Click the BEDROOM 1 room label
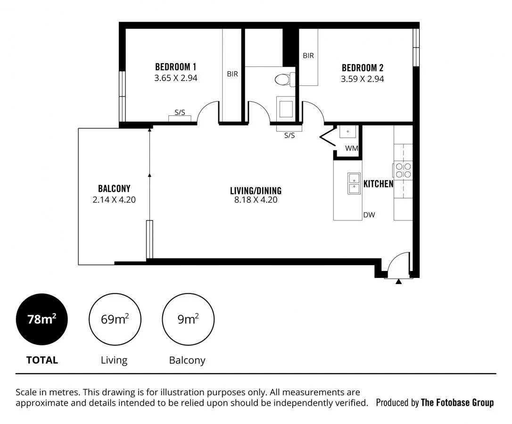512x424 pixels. [x=175, y=67]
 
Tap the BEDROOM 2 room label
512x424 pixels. [x=362, y=67]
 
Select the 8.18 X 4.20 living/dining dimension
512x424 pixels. [x=256, y=200]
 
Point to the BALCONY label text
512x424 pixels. [x=114, y=188]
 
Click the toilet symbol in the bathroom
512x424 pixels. [x=283, y=80]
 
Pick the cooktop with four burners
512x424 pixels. [x=403, y=170]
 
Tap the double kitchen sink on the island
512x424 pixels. [x=354, y=184]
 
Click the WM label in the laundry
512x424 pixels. [x=351, y=148]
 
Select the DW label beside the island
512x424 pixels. [x=369, y=215]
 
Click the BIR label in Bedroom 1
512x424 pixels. [x=232, y=74]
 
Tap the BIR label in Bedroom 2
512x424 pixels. [x=308, y=56]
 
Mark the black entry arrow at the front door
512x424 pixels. [x=399, y=282]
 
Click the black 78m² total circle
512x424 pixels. [x=41, y=319]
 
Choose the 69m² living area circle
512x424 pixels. [x=115, y=319]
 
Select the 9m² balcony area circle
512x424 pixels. [x=188, y=319]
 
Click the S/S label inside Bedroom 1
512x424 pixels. [x=180, y=113]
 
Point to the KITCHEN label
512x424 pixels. [x=378, y=184]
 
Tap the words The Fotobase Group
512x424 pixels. [x=457, y=402]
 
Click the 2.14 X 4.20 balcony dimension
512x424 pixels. [x=114, y=199]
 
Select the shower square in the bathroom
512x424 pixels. [x=286, y=109]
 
